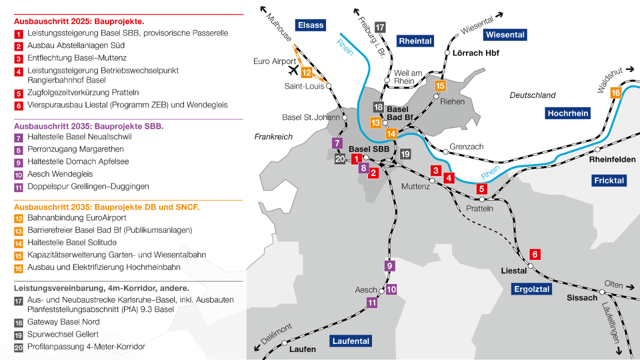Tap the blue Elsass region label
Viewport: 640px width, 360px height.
[310, 25]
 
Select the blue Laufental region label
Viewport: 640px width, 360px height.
[351, 341]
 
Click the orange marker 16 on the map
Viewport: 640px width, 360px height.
[615, 93]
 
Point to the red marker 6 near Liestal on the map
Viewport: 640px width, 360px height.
[534, 254]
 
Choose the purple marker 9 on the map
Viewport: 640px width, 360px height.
[389, 266]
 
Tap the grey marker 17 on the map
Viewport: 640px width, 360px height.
[380, 27]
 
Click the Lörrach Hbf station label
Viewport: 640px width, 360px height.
[475, 52]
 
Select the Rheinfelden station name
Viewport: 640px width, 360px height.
[612, 159]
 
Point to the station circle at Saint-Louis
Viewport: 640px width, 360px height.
[328, 86]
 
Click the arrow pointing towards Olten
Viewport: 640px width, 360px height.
[631, 287]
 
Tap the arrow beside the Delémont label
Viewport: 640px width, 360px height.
[258, 348]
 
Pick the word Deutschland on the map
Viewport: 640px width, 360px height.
[532, 95]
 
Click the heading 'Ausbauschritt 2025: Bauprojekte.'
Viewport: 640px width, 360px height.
[79, 21]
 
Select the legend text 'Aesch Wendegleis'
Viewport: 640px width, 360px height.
[60, 174]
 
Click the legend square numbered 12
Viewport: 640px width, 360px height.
[18, 218]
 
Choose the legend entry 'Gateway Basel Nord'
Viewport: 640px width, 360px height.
[63, 322]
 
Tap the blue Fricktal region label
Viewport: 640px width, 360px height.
[609, 180]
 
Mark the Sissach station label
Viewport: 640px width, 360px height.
[582, 297]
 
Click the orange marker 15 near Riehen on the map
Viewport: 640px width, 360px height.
[440, 86]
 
